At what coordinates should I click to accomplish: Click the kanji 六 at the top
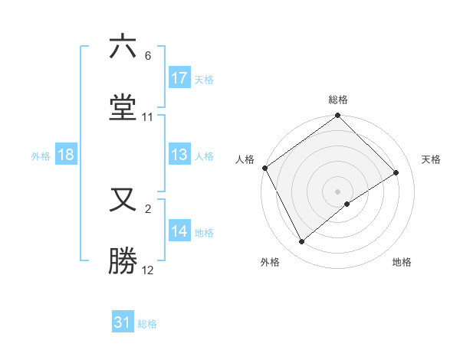coord(123,47)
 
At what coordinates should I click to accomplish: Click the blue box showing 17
coord(179,78)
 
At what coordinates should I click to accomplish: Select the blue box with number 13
coord(179,155)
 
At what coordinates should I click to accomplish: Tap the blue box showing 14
coord(179,232)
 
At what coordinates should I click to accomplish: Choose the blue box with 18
coord(66,155)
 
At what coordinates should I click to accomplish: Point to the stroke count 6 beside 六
coord(148,56)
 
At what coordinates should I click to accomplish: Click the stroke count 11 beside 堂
coord(148,117)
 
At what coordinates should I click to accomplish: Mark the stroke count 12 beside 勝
coord(148,270)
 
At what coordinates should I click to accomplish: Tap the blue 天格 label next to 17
coord(204,79)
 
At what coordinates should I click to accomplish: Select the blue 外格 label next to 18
coord(41,156)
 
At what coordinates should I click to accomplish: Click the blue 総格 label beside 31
coord(147,324)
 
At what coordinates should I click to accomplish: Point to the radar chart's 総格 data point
coord(337,116)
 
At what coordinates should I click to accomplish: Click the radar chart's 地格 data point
coord(347,204)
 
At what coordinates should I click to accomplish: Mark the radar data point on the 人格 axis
coord(264,168)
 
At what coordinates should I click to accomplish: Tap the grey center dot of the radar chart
coord(337,191)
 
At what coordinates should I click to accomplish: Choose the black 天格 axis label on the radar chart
coord(432,159)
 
